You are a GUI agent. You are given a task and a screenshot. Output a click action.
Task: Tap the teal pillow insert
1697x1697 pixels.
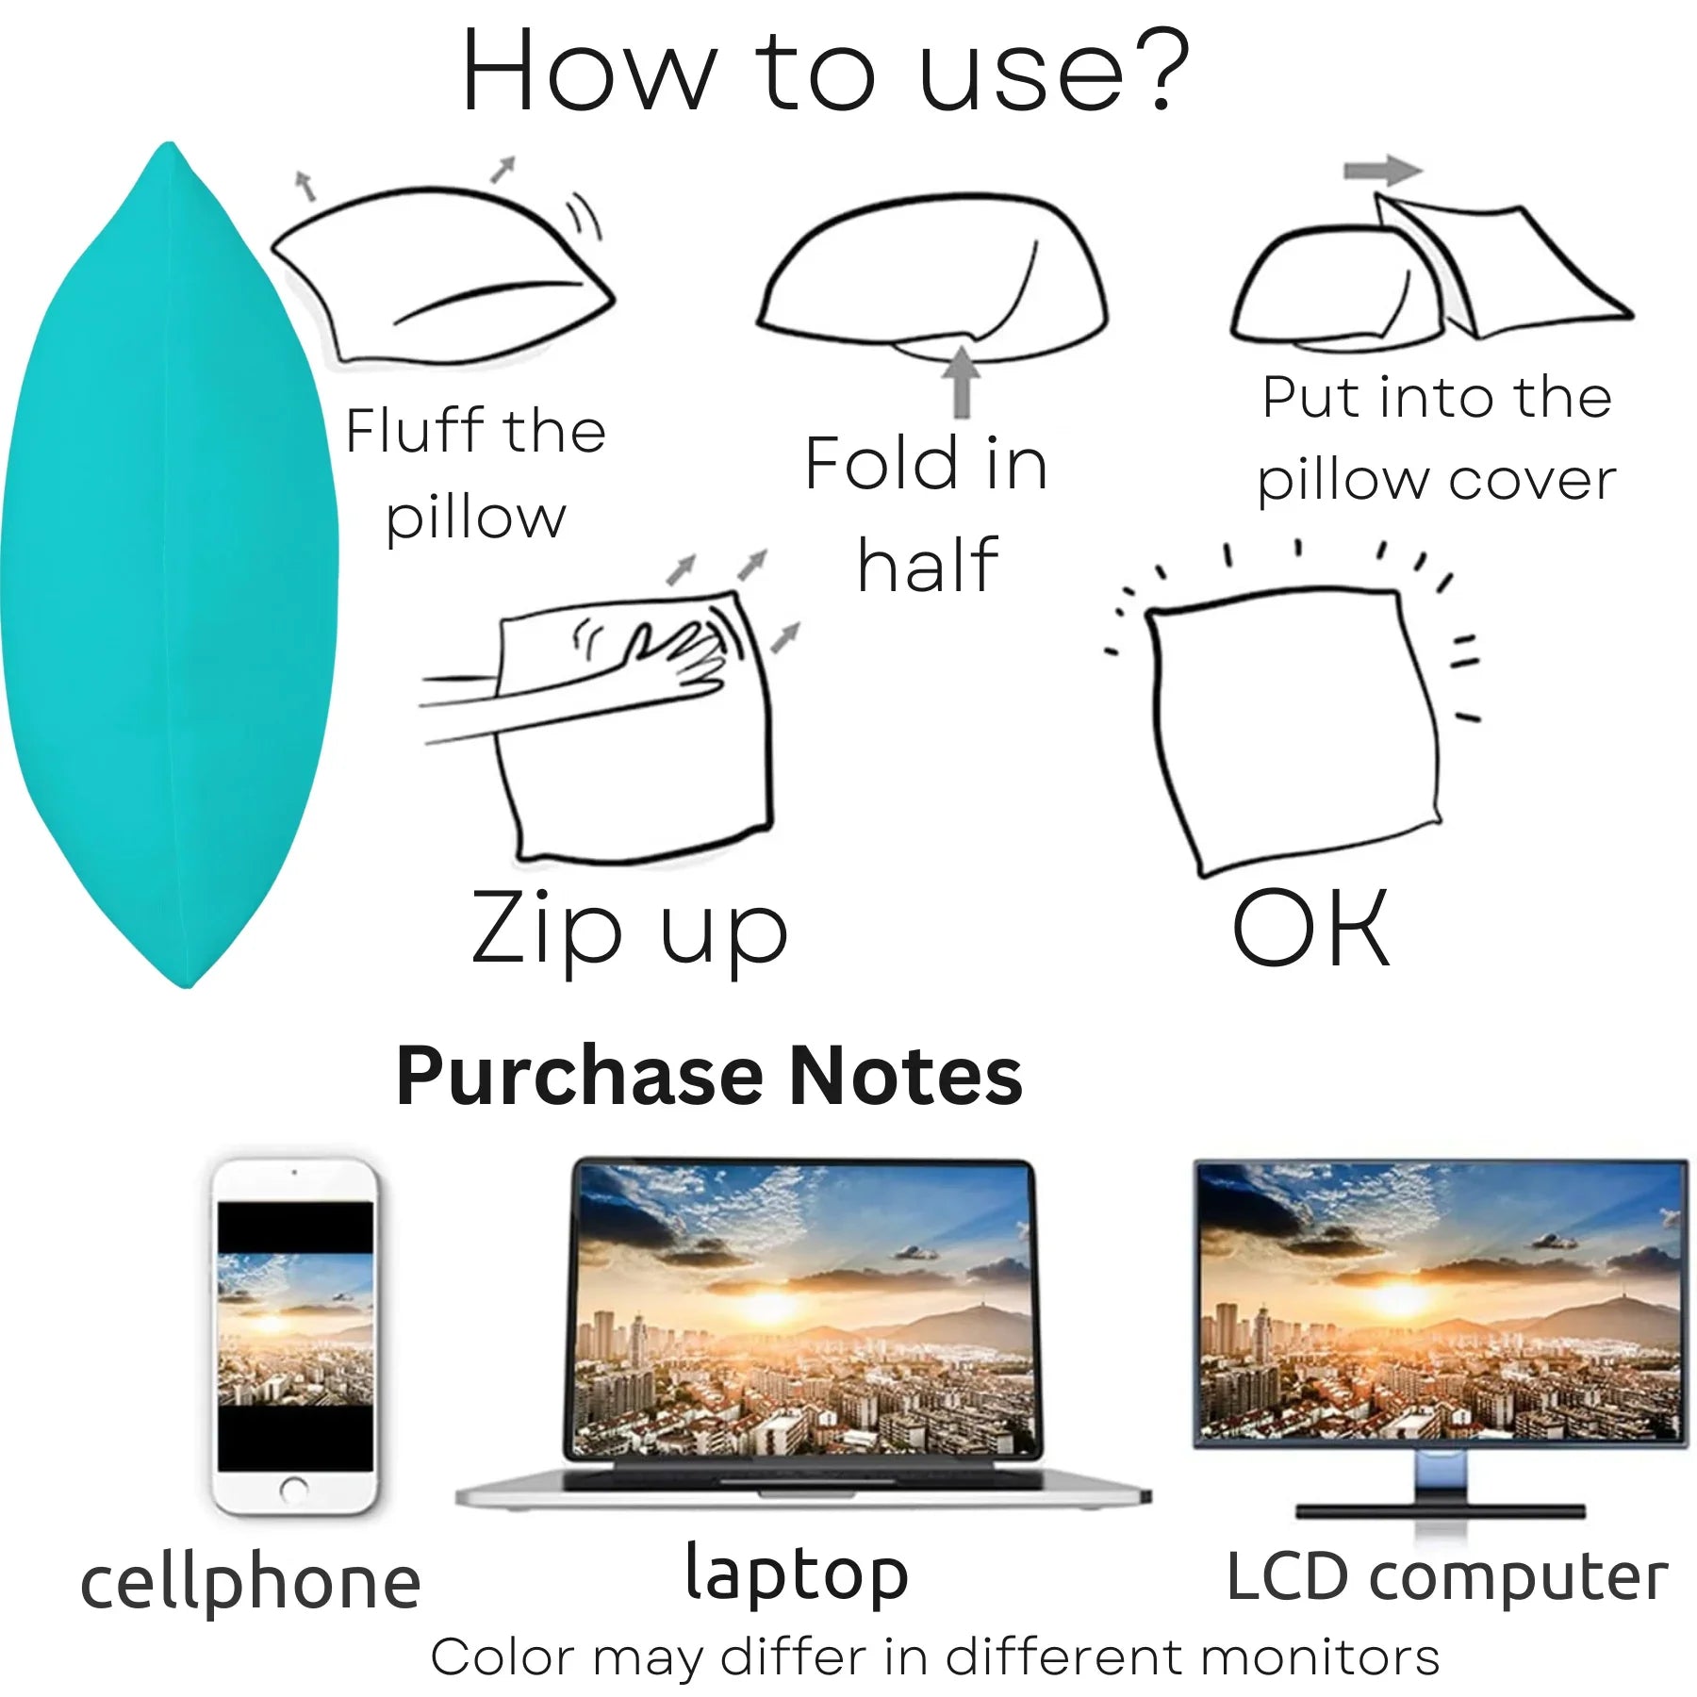[170, 566]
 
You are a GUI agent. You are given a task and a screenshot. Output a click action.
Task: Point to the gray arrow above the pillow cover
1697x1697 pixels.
[1382, 170]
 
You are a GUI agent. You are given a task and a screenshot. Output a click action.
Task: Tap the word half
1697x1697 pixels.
[928, 565]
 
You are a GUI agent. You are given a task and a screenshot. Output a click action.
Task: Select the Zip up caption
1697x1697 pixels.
[630, 930]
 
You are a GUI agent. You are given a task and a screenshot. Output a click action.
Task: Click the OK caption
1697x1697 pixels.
[1310, 928]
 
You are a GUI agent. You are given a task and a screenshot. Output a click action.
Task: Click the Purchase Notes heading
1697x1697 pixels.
[709, 1076]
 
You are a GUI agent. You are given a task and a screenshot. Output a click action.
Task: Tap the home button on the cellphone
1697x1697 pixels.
[294, 1489]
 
